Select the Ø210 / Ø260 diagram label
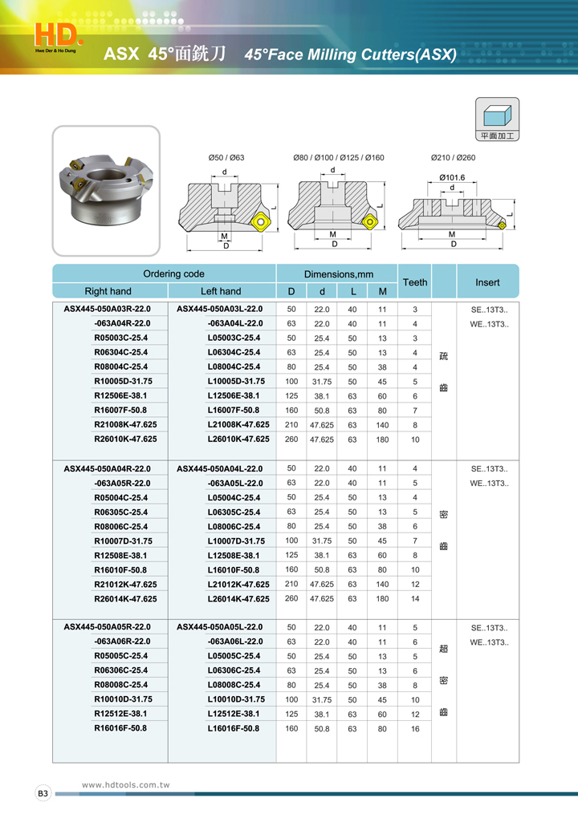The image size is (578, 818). click(x=453, y=158)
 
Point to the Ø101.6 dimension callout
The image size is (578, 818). click(x=452, y=177)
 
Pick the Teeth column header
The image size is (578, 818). click(x=414, y=282)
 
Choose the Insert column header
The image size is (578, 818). click(x=486, y=282)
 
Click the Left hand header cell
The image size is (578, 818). click(x=220, y=291)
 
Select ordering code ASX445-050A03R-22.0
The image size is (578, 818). click(x=108, y=309)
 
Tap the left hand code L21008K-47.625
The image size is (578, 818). click(x=238, y=424)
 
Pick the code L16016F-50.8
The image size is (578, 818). click(x=233, y=728)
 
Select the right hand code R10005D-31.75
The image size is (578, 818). click(x=123, y=381)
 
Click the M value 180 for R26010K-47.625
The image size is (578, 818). click(x=382, y=439)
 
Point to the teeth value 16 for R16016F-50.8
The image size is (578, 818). click(x=414, y=729)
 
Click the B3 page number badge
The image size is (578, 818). click(x=43, y=793)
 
